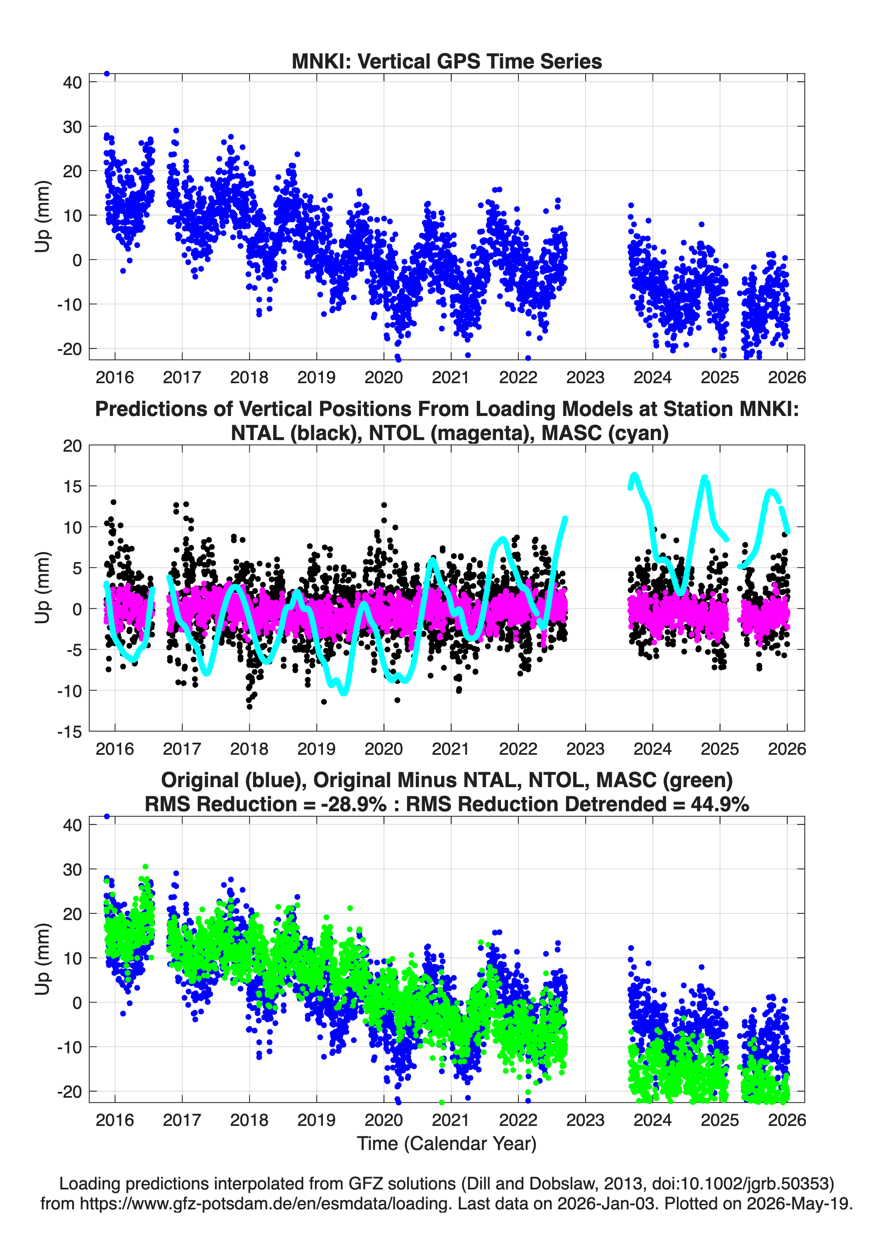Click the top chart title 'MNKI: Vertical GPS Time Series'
coord(447,61)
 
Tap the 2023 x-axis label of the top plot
coord(585,377)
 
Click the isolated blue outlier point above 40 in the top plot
coord(107,74)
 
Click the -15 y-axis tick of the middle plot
coord(69,732)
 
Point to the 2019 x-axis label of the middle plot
coord(317,749)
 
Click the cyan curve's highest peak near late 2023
coord(634,475)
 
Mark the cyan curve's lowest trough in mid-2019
coord(343,692)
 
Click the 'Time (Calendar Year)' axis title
coord(447,1143)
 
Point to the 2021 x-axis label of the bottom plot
coord(451,1120)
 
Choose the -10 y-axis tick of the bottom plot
coord(69,1047)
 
